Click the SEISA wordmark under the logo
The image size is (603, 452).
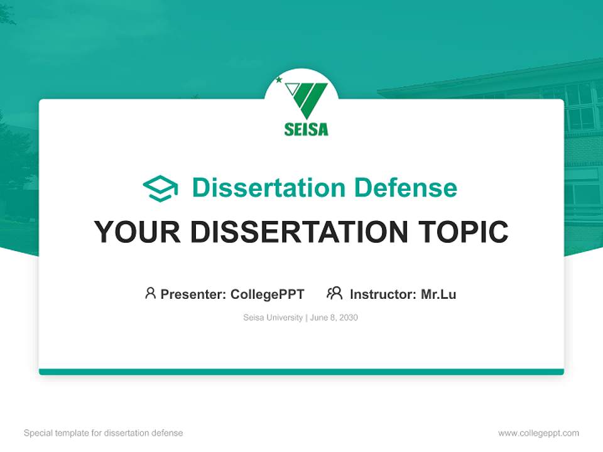(306, 129)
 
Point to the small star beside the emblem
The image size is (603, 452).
(279, 80)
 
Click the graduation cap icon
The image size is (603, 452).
(160, 188)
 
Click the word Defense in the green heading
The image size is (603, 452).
(405, 188)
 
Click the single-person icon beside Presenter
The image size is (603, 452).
(150, 293)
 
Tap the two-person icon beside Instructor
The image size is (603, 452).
(334, 293)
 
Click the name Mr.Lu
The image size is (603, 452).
(438, 294)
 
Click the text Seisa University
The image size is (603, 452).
(273, 318)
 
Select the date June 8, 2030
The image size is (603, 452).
(334, 318)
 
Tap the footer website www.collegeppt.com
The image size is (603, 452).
(538, 433)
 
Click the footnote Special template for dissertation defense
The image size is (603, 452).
(103, 433)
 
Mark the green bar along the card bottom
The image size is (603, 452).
(301, 372)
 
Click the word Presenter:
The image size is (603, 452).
(193, 294)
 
